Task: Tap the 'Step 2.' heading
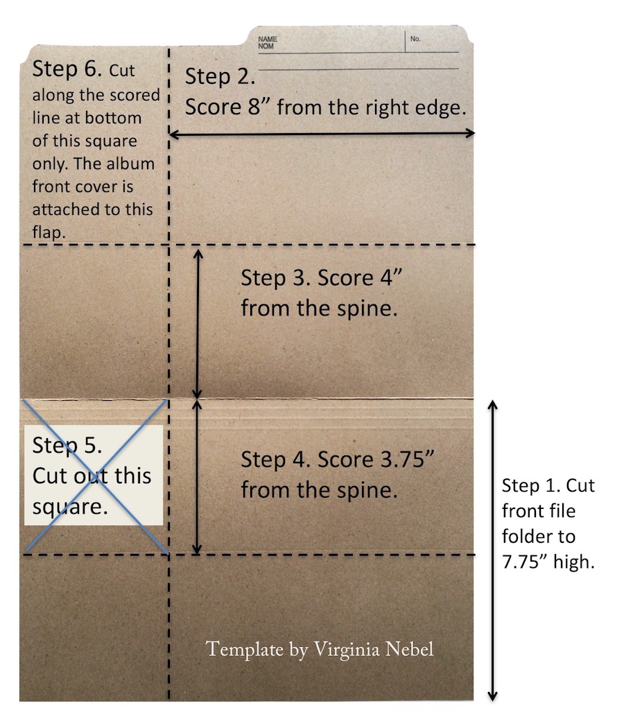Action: (x=221, y=77)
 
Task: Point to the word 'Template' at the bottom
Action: (x=245, y=650)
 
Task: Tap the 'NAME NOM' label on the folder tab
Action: (x=268, y=42)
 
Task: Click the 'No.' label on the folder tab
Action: (x=415, y=39)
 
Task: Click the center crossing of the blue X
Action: (x=96, y=476)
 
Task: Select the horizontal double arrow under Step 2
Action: (x=322, y=133)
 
